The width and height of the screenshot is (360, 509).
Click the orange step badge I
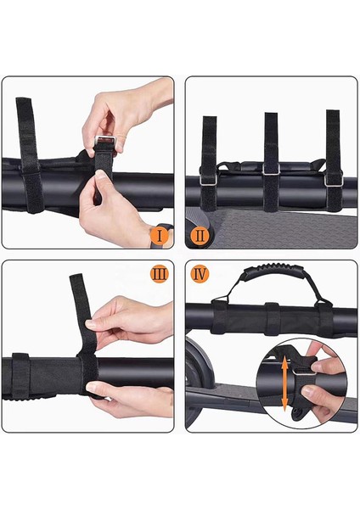tap(158, 232)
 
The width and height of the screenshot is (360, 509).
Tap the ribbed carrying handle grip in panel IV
tap(270, 296)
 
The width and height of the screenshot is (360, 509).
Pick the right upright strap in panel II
tap(333, 141)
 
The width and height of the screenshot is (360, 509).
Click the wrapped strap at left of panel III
tap(20, 373)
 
